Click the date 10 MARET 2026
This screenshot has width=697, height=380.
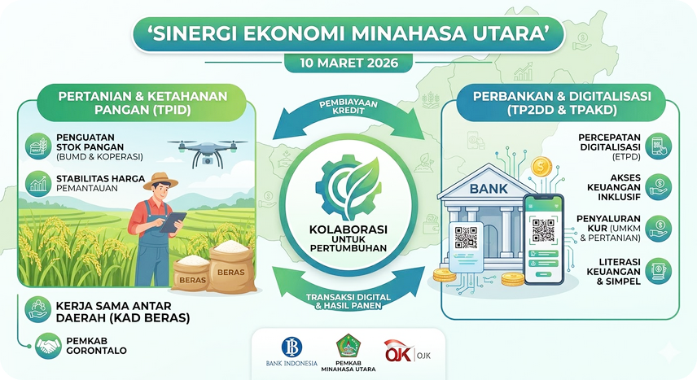click(x=348, y=63)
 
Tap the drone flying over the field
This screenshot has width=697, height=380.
click(x=207, y=152)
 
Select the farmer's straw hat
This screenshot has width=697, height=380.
click(x=160, y=181)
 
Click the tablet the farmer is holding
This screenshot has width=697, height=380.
click(x=173, y=222)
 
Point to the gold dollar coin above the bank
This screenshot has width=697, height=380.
click(x=541, y=167)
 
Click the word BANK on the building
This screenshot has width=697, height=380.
click(x=489, y=189)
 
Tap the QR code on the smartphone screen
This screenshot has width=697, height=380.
click(x=543, y=229)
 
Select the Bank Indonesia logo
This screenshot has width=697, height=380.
click(x=292, y=347)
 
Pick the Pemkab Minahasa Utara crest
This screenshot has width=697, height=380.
click(x=348, y=345)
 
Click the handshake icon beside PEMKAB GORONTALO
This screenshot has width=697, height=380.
click(x=49, y=346)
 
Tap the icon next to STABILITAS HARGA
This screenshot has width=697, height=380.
click(x=38, y=184)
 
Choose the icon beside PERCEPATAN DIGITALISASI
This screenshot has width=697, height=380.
click(x=659, y=146)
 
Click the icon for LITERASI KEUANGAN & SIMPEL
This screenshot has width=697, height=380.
click(x=659, y=271)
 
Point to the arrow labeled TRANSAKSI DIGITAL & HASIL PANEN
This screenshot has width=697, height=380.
click(x=348, y=292)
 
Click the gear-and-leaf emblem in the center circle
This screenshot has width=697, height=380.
click(x=348, y=187)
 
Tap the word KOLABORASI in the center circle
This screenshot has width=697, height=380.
click(x=348, y=229)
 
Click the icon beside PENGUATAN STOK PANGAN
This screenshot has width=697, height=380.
click(x=38, y=146)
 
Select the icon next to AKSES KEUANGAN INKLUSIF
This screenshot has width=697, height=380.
click(x=659, y=186)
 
